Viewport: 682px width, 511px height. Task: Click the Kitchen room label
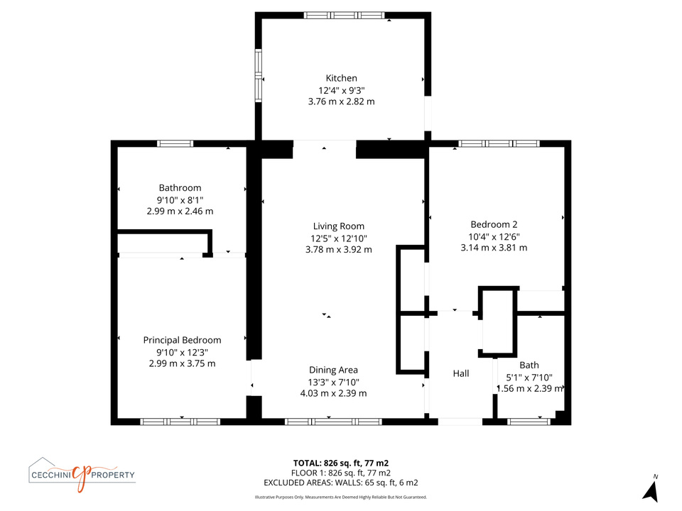pyautogui.click(x=342, y=78)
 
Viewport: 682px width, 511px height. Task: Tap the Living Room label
pyautogui.click(x=339, y=226)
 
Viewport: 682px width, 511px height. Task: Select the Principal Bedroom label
pyautogui.click(x=183, y=340)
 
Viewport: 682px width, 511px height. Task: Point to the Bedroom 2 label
pyautogui.click(x=494, y=225)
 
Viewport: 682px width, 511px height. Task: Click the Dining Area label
pyautogui.click(x=334, y=370)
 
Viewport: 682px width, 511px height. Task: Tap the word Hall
pyautogui.click(x=461, y=373)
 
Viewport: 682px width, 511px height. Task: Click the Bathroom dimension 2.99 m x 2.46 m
pyautogui.click(x=180, y=211)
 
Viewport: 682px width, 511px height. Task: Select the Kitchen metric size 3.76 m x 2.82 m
pyautogui.click(x=342, y=101)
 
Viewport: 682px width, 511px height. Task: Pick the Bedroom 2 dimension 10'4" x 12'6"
pyautogui.click(x=494, y=237)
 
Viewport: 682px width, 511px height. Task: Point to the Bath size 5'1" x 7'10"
pyautogui.click(x=529, y=378)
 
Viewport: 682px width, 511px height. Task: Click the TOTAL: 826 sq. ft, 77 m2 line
pyautogui.click(x=341, y=463)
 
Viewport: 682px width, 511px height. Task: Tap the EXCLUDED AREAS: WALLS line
pyautogui.click(x=341, y=483)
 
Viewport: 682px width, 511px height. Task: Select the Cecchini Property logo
pyautogui.click(x=82, y=475)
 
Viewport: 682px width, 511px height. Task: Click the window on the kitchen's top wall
pyautogui.click(x=344, y=16)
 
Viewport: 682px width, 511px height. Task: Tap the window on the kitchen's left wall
pyautogui.click(x=259, y=76)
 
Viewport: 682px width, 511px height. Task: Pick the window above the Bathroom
pyautogui.click(x=175, y=144)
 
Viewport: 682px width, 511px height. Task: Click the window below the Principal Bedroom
pyautogui.click(x=180, y=422)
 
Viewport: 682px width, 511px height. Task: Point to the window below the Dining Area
pyautogui.click(x=334, y=422)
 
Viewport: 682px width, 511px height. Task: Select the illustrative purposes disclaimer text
pyautogui.click(x=341, y=497)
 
